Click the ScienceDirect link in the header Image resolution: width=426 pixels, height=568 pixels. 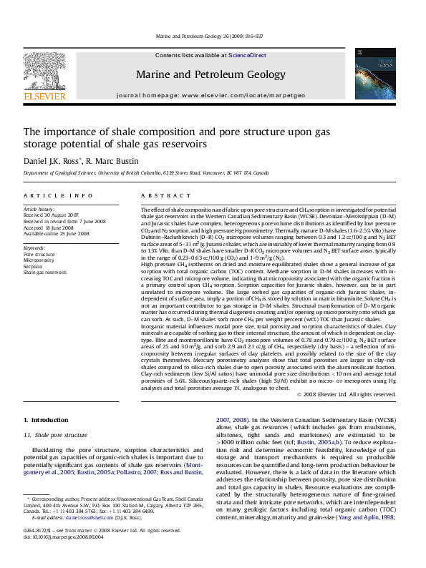tap(247, 55)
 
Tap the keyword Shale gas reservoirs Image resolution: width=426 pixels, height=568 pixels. tap(45, 273)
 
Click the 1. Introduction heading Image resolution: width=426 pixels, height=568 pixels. tap(46, 419)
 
